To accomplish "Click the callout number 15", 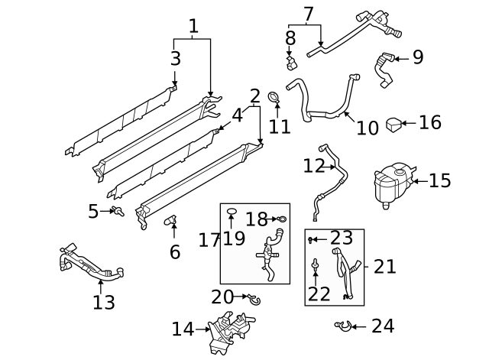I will (439, 181).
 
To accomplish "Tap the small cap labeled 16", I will (393, 123).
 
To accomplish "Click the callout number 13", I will (103, 302).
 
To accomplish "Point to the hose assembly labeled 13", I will (88, 263).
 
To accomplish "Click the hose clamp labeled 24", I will (343, 326).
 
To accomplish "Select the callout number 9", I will (417, 57).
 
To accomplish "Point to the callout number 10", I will (367, 127).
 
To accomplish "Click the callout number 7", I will (308, 14).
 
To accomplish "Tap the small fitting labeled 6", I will (173, 222).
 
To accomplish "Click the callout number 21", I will (385, 266).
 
